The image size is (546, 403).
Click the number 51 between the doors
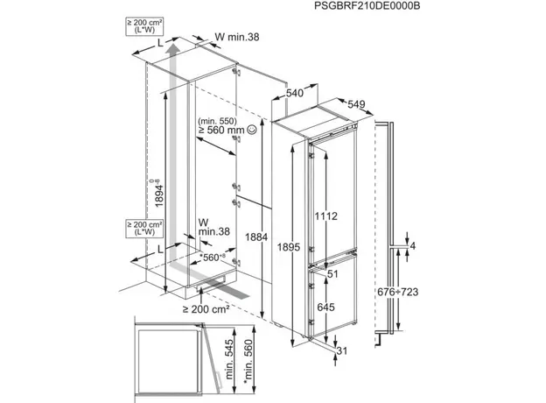tap(332, 274)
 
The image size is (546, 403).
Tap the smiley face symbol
tap(253, 130)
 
